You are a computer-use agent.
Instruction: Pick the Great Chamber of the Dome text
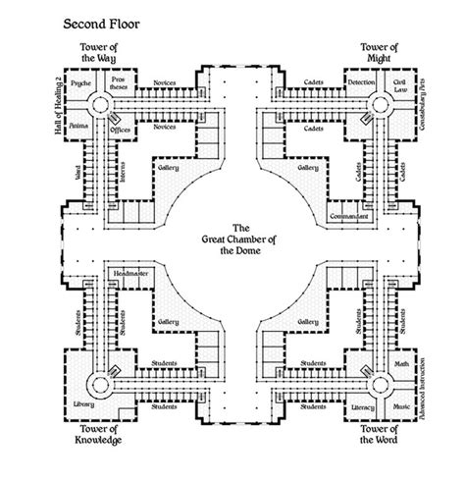pyautogui.click(x=232, y=237)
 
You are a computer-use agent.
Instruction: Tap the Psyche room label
pyautogui.click(x=81, y=84)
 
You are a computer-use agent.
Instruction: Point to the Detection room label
pyautogui.click(x=361, y=84)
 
